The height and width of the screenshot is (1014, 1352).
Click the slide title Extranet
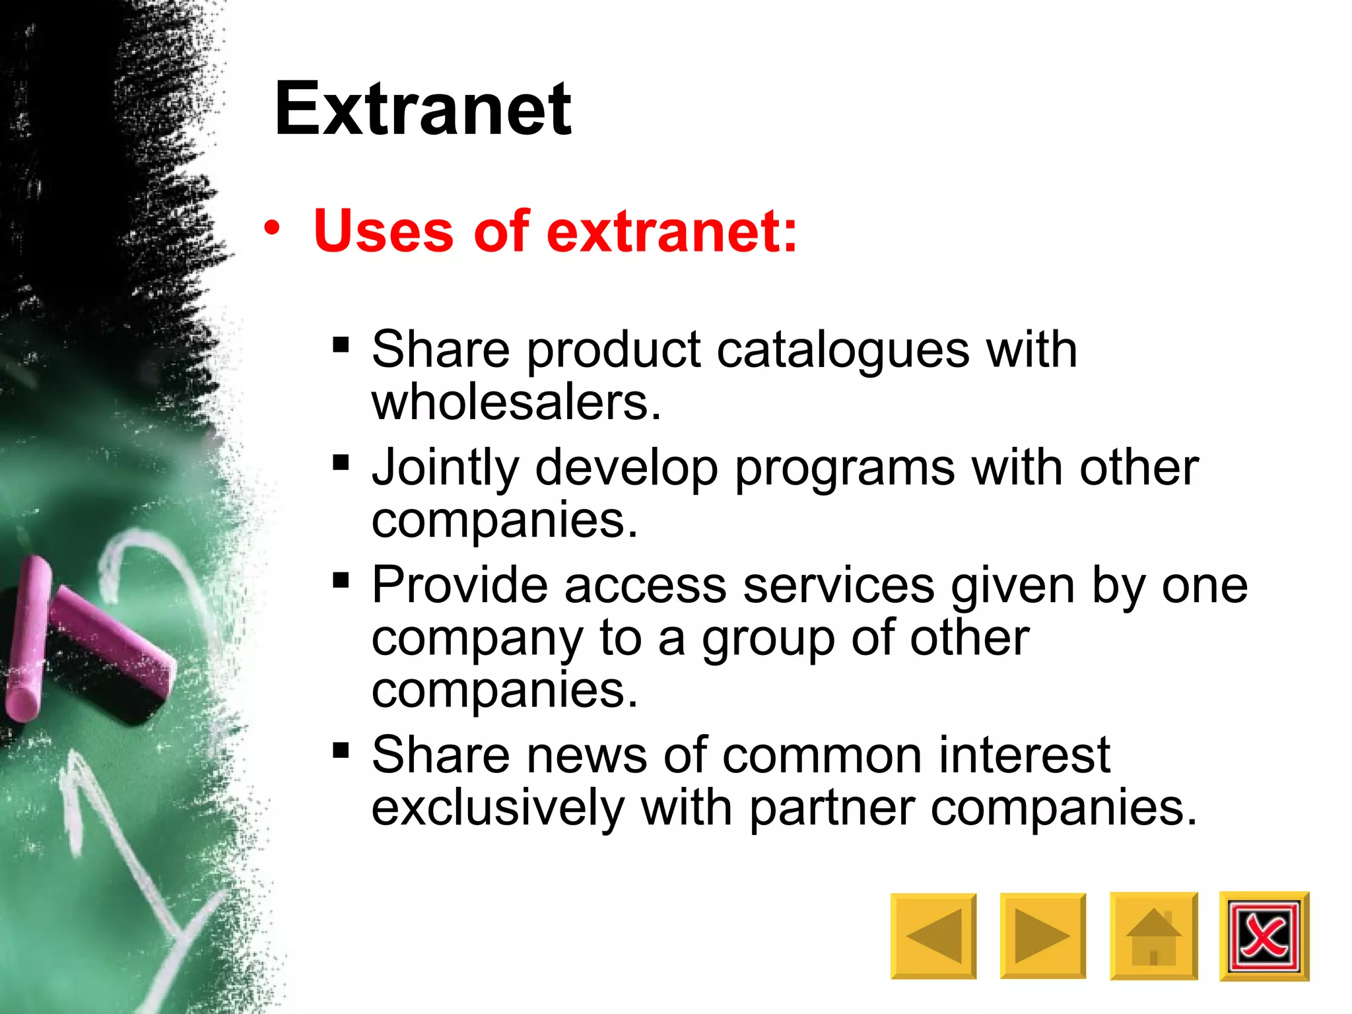(x=422, y=109)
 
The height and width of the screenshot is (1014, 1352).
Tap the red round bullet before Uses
(x=271, y=228)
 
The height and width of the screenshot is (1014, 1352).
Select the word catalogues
(x=843, y=350)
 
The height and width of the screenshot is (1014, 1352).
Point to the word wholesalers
(x=515, y=402)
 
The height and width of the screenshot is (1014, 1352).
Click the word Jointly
(x=446, y=467)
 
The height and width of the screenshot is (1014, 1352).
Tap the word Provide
(x=459, y=585)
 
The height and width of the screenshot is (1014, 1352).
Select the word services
(x=838, y=585)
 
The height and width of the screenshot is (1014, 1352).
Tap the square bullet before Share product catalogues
(x=341, y=345)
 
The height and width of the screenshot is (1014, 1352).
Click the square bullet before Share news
(x=341, y=750)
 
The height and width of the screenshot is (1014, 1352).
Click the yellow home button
(x=1153, y=935)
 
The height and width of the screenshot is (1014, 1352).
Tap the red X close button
(x=1264, y=935)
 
